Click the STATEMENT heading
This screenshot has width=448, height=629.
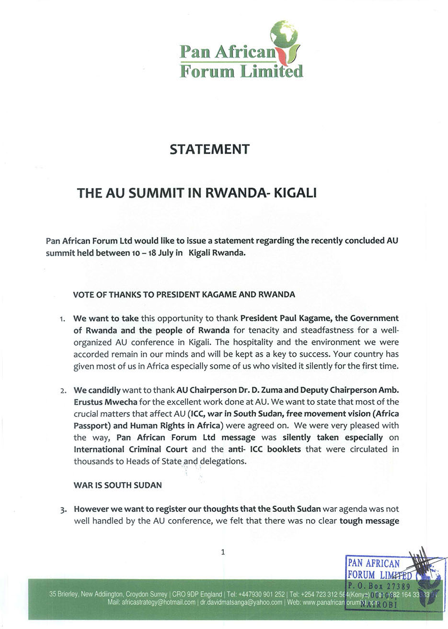209,149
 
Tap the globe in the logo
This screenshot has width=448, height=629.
284,34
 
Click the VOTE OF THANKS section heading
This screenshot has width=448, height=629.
184,294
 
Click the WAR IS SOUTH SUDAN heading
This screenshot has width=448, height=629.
117,485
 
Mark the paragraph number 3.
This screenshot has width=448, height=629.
63,510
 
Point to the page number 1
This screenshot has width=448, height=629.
223,552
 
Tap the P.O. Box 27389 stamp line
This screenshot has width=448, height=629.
379,586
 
